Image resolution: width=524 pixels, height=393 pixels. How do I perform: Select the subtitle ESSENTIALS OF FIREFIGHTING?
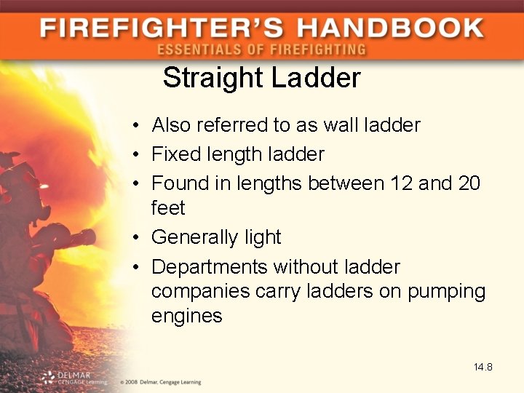tap(261, 49)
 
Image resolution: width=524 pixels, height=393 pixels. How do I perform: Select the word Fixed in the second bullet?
tap(174, 154)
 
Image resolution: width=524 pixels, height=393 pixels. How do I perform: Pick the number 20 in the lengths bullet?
tap(469, 183)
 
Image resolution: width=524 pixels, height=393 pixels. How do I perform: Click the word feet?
tap(168, 208)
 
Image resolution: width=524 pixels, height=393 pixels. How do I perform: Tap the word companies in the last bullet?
tap(200, 292)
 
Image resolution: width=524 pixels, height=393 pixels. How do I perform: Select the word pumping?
tap(446, 292)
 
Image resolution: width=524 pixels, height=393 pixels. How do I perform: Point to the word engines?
tap(186, 317)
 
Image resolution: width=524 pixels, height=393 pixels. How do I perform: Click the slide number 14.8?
tap(483, 367)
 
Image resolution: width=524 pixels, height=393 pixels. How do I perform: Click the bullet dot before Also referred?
tap(136, 126)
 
